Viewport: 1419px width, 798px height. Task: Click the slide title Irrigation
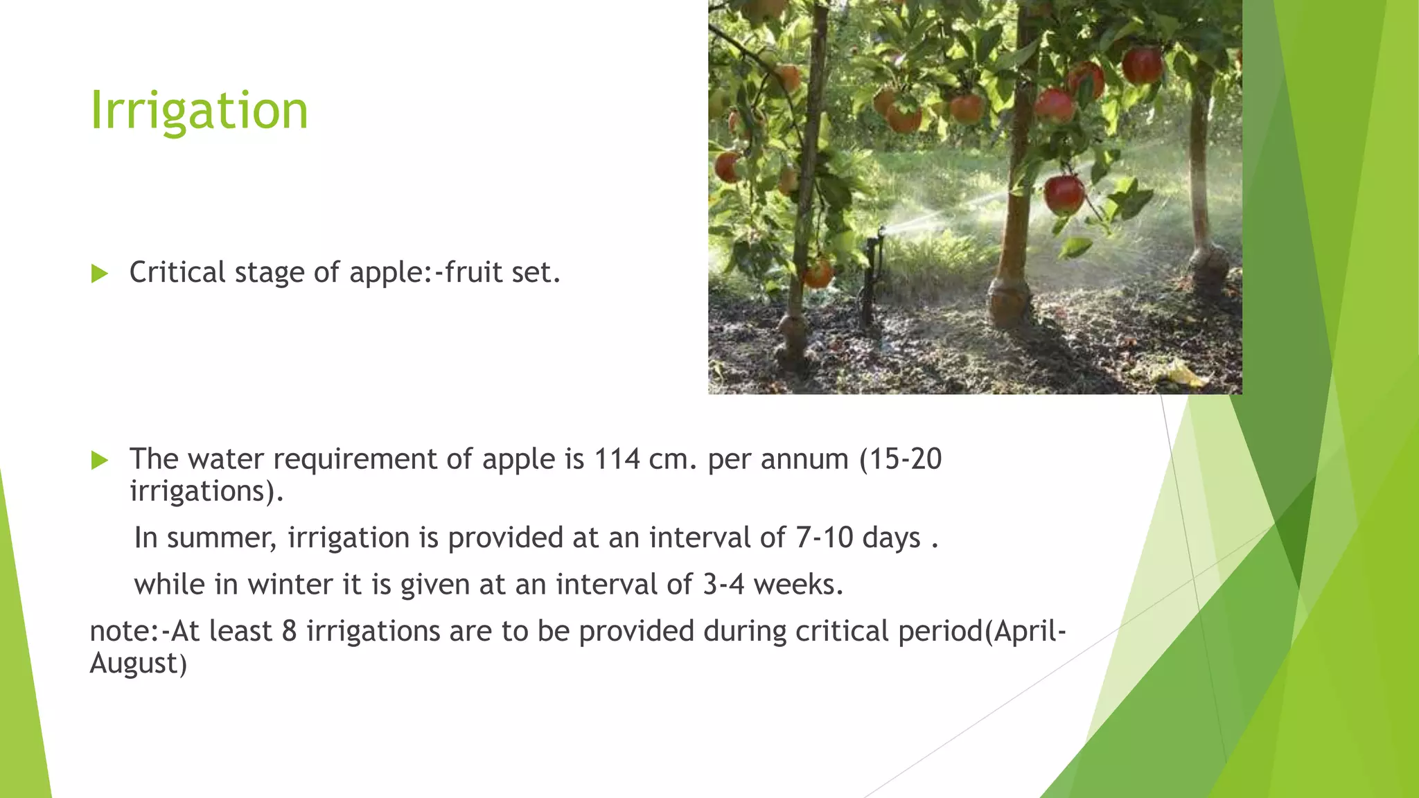(x=199, y=111)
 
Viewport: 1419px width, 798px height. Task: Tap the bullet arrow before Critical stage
(x=100, y=274)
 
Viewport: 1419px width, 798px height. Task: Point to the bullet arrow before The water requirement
(x=100, y=460)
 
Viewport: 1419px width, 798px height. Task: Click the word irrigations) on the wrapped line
(x=206, y=492)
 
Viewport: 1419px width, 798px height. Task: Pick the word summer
(x=221, y=538)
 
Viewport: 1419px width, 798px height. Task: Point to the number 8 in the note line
(x=290, y=632)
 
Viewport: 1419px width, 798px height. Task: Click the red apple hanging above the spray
(x=1064, y=194)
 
